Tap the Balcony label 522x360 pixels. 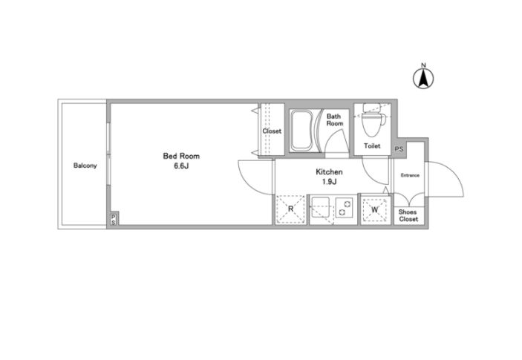[x=85, y=166]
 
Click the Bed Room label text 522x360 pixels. [x=181, y=156]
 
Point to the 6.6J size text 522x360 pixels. [x=181, y=166]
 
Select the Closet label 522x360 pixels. [x=272, y=131]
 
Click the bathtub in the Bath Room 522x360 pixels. [x=301, y=131]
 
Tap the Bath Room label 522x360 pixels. [x=334, y=120]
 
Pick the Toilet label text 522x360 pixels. [x=372, y=145]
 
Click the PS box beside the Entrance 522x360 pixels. [x=399, y=148]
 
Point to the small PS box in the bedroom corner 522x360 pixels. [x=114, y=219]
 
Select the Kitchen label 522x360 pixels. [x=329, y=172]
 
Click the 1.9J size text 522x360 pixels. [x=330, y=182]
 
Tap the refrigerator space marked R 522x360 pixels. [x=290, y=209]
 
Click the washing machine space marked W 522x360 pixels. [x=375, y=210]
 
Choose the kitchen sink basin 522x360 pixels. [x=320, y=208]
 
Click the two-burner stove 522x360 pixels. [x=345, y=208]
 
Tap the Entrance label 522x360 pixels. [x=410, y=175]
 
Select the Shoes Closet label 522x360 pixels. [x=408, y=215]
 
